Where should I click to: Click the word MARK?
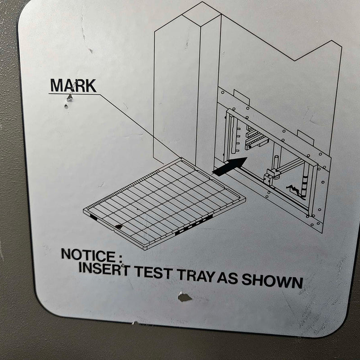pos(73,85)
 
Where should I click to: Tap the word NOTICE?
pos(88,256)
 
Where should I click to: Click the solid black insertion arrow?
pos(229,166)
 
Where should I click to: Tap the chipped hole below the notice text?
pos(184,297)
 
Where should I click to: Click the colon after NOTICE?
pos(120,258)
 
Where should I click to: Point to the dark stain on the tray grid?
pos(119,227)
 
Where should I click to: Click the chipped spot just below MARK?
pos(70,98)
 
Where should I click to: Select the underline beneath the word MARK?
pos(74,94)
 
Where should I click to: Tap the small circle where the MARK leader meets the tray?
pos(181,158)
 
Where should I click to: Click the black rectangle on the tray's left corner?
pos(94,217)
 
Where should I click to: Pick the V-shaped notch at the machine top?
pos(294,61)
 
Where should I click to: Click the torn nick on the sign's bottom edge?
pos(135,323)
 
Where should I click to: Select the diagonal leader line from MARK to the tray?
pos(140,126)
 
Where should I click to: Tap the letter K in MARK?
pos(91,86)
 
